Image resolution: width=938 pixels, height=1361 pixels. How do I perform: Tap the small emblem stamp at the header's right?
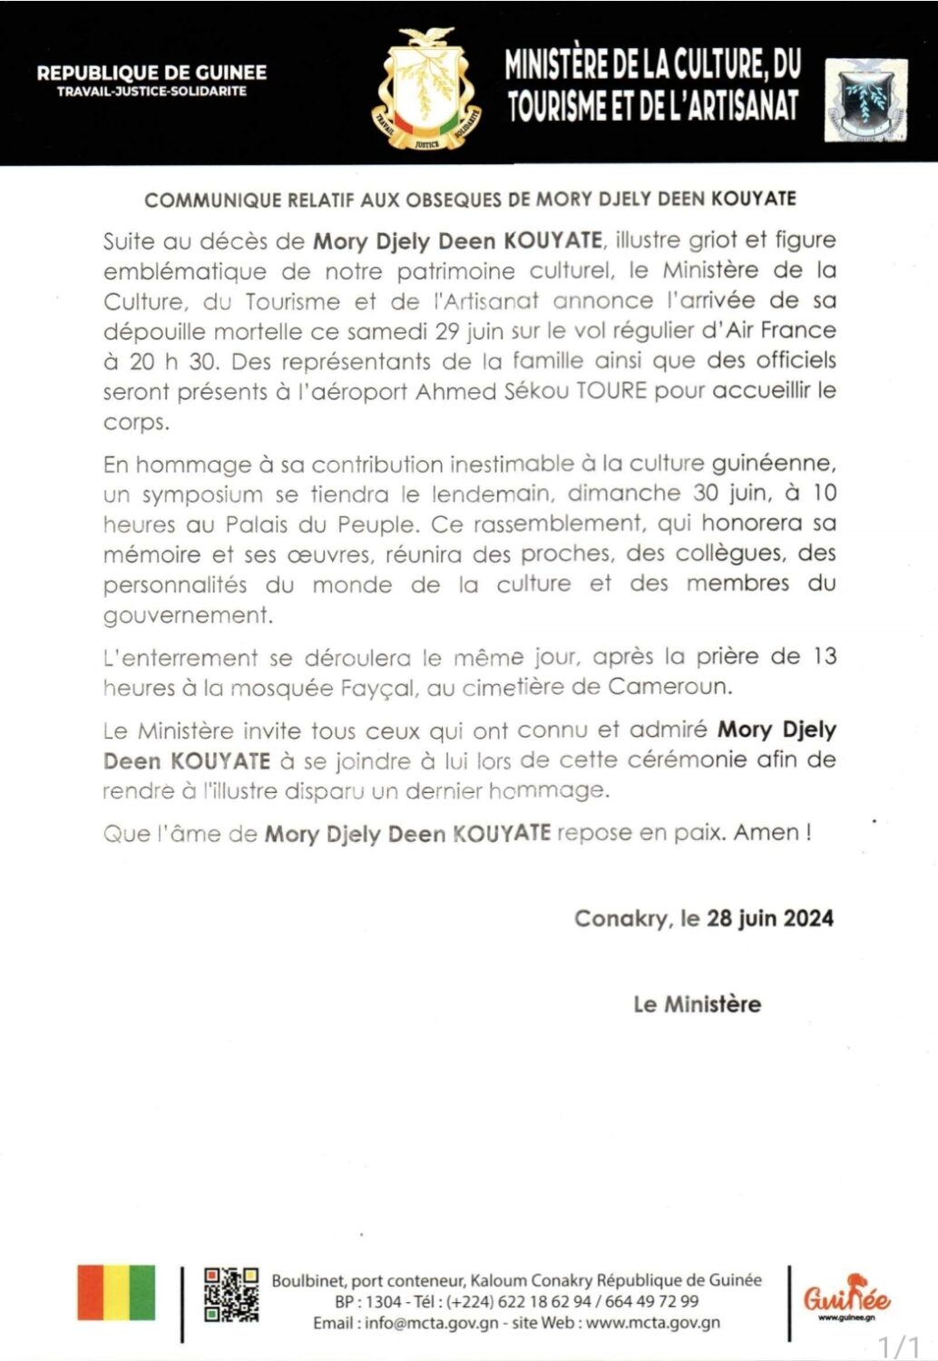(x=865, y=99)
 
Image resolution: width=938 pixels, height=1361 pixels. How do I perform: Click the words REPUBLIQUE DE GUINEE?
(x=151, y=73)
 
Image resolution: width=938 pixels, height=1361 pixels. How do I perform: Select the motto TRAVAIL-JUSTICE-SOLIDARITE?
(x=151, y=92)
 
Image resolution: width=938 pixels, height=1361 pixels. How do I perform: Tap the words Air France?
(x=781, y=330)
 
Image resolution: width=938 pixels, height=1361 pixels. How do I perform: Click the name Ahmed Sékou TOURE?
(x=532, y=392)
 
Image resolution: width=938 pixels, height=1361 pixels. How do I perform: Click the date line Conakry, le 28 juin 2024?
(x=703, y=918)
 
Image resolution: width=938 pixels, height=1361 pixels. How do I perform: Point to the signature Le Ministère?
(x=697, y=1004)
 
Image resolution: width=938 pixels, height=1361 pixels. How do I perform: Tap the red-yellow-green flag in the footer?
(x=116, y=1293)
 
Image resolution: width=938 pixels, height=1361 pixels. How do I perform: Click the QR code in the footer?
(x=230, y=1294)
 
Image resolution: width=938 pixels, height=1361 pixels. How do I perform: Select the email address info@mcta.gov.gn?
(x=432, y=1323)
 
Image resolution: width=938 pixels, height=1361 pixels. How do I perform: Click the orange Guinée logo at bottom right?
(x=846, y=1297)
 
